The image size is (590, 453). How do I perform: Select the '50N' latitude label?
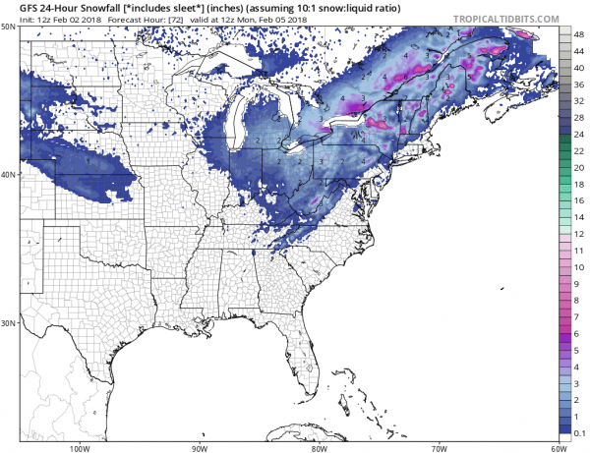point(9,28)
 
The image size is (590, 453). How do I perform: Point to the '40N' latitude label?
point(9,176)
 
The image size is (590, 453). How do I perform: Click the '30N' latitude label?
point(9,322)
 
